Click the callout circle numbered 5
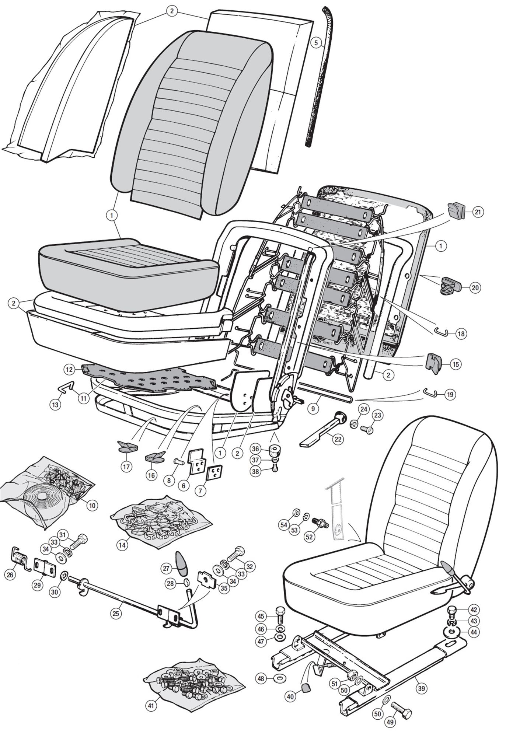pos(315,42)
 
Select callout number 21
pos(478,212)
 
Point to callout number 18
pos(461,334)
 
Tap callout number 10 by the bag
pos(92,506)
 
